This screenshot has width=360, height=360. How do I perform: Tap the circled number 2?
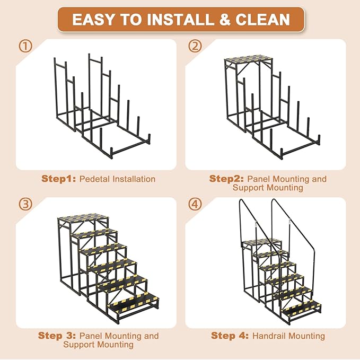(x=196, y=47)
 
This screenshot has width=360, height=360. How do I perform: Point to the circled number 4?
(x=196, y=204)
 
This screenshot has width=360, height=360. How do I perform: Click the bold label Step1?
(x=59, y=179)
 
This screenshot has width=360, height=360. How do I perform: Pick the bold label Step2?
(x=227, y=179)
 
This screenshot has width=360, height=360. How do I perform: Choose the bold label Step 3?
(x=57, y=336)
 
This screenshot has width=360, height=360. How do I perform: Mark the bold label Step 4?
(x=230, y=336)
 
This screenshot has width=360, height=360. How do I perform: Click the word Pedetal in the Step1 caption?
(x=94, y=179)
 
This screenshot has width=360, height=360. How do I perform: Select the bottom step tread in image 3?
(x=133, y=303)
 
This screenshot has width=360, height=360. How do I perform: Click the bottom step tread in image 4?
(x=302, y=306)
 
